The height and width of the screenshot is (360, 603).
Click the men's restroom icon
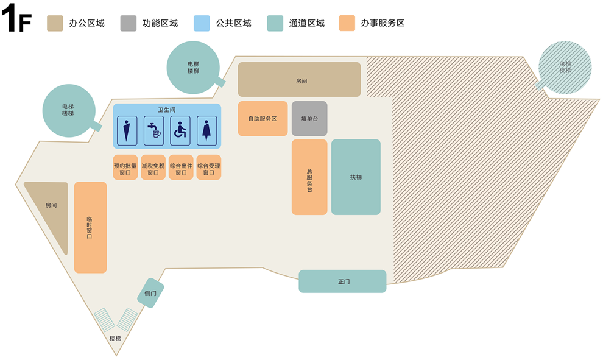(127, 131)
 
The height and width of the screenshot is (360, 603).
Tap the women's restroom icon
(206, 131)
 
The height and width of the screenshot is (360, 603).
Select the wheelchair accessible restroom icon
(180, 131)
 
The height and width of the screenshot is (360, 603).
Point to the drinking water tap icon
(153, 131)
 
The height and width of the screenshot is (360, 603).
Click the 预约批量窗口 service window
(125, 168)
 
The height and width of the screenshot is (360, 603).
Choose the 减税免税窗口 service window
(153, 168)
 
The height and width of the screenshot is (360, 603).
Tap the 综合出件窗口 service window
(181, 168)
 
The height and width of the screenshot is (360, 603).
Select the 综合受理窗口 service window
(208, 168)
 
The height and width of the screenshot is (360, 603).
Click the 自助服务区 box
(263, 118)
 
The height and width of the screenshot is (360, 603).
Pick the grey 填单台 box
(309, 118)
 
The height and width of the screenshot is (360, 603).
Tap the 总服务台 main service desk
(309, 177)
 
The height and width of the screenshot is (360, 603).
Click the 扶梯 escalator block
(356, 177)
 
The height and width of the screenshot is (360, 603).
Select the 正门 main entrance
(342, 281)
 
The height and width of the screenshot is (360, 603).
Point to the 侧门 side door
(150, 293)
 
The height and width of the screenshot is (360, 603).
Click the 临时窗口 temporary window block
(90, 227)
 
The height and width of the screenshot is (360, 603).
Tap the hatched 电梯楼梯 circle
(565, 66)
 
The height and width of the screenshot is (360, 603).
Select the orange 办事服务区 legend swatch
(348, 23)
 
